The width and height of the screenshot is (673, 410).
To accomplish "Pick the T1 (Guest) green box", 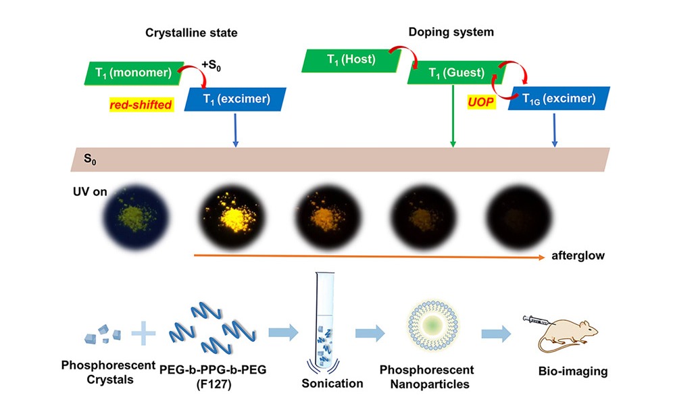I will point(453,73).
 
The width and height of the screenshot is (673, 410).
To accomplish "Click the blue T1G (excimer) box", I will point(558,99).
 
